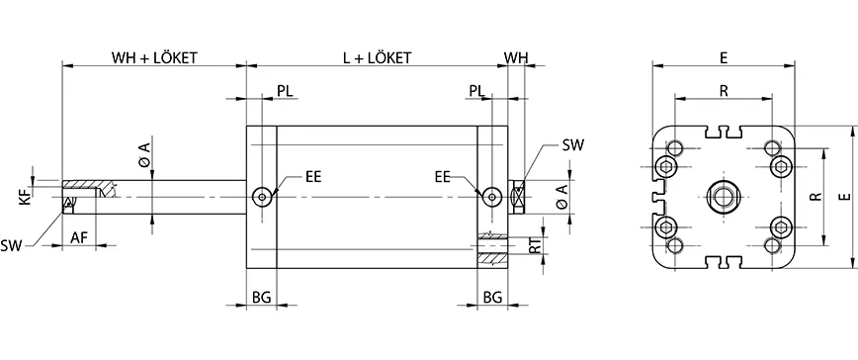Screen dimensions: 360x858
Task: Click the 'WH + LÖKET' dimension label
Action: pyautogui.click(x=153, y=57)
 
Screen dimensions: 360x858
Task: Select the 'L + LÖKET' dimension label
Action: pyautogui.click(x=377, y=57)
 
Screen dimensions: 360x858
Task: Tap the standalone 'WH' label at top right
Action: pyautogui.click(x=516, y=57)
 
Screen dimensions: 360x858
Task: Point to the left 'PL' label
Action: pyautogui.click(x=285, y=91)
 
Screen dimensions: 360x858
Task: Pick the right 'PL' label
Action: pyautogui.click(x=476, y=91)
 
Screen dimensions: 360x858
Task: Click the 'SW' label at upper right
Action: pyautogui.click(x=572, y=145)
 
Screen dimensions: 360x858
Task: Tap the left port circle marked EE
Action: pyautogui.click(x=261, y=197)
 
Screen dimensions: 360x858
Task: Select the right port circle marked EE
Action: pyautogui.click(x=491, y=197)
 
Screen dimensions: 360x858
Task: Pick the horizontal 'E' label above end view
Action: pyautogui.click(x=725, y=58)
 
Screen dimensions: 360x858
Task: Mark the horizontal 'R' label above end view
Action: pyautogui.click(x=725, y=91)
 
